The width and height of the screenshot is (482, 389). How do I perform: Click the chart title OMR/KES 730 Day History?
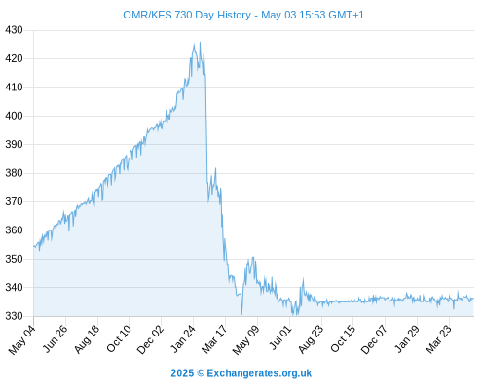click(x=187, y=15)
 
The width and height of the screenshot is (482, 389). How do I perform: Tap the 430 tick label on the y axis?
click(x=14, y=30)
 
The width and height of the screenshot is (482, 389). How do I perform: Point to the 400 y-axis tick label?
click(x=14, y=116)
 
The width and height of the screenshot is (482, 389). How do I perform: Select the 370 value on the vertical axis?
click(x=14, y=201)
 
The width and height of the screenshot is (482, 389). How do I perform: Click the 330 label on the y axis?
click(x=14, y=316)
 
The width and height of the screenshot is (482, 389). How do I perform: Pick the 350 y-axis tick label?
click(x=14, y=259)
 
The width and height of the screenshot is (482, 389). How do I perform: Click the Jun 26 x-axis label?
click(x=56, y=338)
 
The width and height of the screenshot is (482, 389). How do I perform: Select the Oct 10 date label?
click(x=119, y=338)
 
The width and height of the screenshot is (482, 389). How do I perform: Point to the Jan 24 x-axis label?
click(x=183, y=338)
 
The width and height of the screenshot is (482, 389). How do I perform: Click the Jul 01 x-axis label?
click(x=280, y=337)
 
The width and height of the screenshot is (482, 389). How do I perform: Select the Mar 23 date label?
click(x=438, y=339)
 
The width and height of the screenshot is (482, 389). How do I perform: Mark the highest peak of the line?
click(x=200, y=42)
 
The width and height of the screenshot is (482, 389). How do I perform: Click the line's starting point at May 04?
click(x=34, y=246)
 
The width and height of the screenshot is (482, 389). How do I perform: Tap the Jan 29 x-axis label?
click(x=407, y=338)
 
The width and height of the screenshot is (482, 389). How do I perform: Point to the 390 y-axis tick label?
click(x=14, y=144)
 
